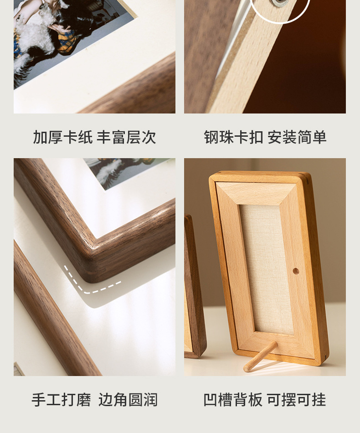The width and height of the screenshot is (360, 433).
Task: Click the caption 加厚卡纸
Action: click(63, 137)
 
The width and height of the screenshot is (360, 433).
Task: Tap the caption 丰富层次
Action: click(126, 137)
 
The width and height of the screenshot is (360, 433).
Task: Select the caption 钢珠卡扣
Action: click(234, 137)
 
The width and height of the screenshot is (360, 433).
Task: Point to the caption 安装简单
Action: click(297, 137)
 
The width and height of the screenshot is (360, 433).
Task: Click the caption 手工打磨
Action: click(61, 400)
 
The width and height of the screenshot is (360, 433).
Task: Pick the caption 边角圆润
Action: click(128, 400)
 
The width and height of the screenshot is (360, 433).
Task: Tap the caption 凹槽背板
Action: click(233, 400)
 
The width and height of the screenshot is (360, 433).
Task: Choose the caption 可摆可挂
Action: click(296, 400)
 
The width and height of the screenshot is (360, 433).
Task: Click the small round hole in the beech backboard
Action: click(296, 271)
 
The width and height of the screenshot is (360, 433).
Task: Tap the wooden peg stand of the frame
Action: click(260, 356)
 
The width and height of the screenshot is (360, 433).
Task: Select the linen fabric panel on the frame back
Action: click(267, 269)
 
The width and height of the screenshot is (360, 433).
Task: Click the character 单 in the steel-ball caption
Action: click(320, 137)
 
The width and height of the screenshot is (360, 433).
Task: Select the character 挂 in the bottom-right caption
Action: click(319, 400)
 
